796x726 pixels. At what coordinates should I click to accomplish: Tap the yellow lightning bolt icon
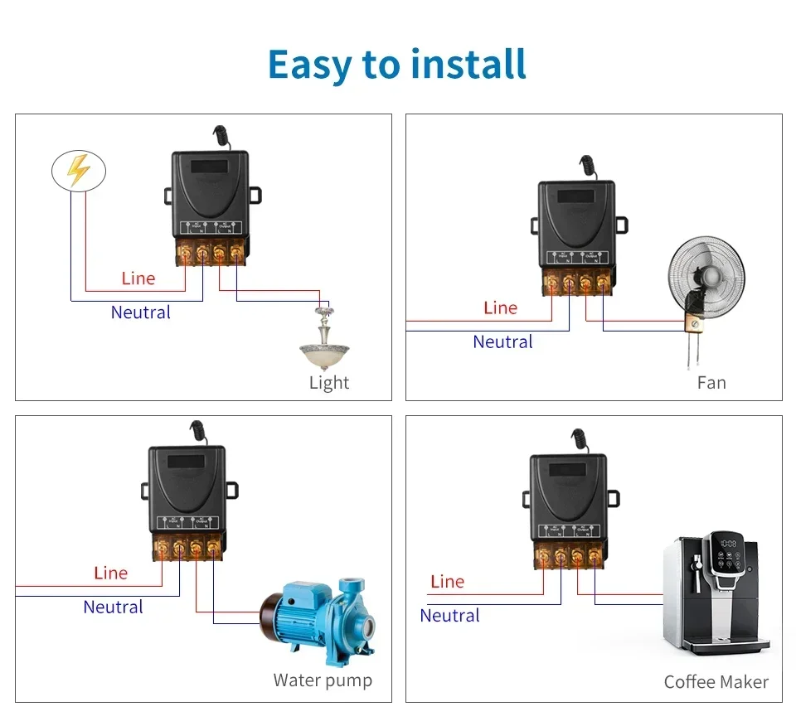pos(78,170)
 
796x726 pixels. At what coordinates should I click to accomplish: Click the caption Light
pos(329,383)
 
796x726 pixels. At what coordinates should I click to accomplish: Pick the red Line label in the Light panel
pos(138,278)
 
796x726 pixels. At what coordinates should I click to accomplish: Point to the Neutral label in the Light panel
pos(141,312)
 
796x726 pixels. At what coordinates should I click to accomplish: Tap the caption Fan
pos(711,383)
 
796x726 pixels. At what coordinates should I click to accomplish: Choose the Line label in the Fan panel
pos(500,308)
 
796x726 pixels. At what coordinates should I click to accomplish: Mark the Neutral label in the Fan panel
pos(502,341)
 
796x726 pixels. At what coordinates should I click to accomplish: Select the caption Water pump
pos(323,680)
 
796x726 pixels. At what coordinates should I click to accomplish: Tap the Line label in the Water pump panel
pos(111,573)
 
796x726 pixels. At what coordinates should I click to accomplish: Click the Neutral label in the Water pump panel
pos(114,607)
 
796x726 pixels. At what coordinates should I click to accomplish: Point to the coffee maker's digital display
pos(729,544)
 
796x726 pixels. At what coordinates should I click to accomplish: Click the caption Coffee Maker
pos(716,682)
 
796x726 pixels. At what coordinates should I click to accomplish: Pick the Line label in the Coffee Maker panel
pos(448,582)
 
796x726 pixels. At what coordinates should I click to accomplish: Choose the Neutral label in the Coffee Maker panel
pos(450,616)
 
